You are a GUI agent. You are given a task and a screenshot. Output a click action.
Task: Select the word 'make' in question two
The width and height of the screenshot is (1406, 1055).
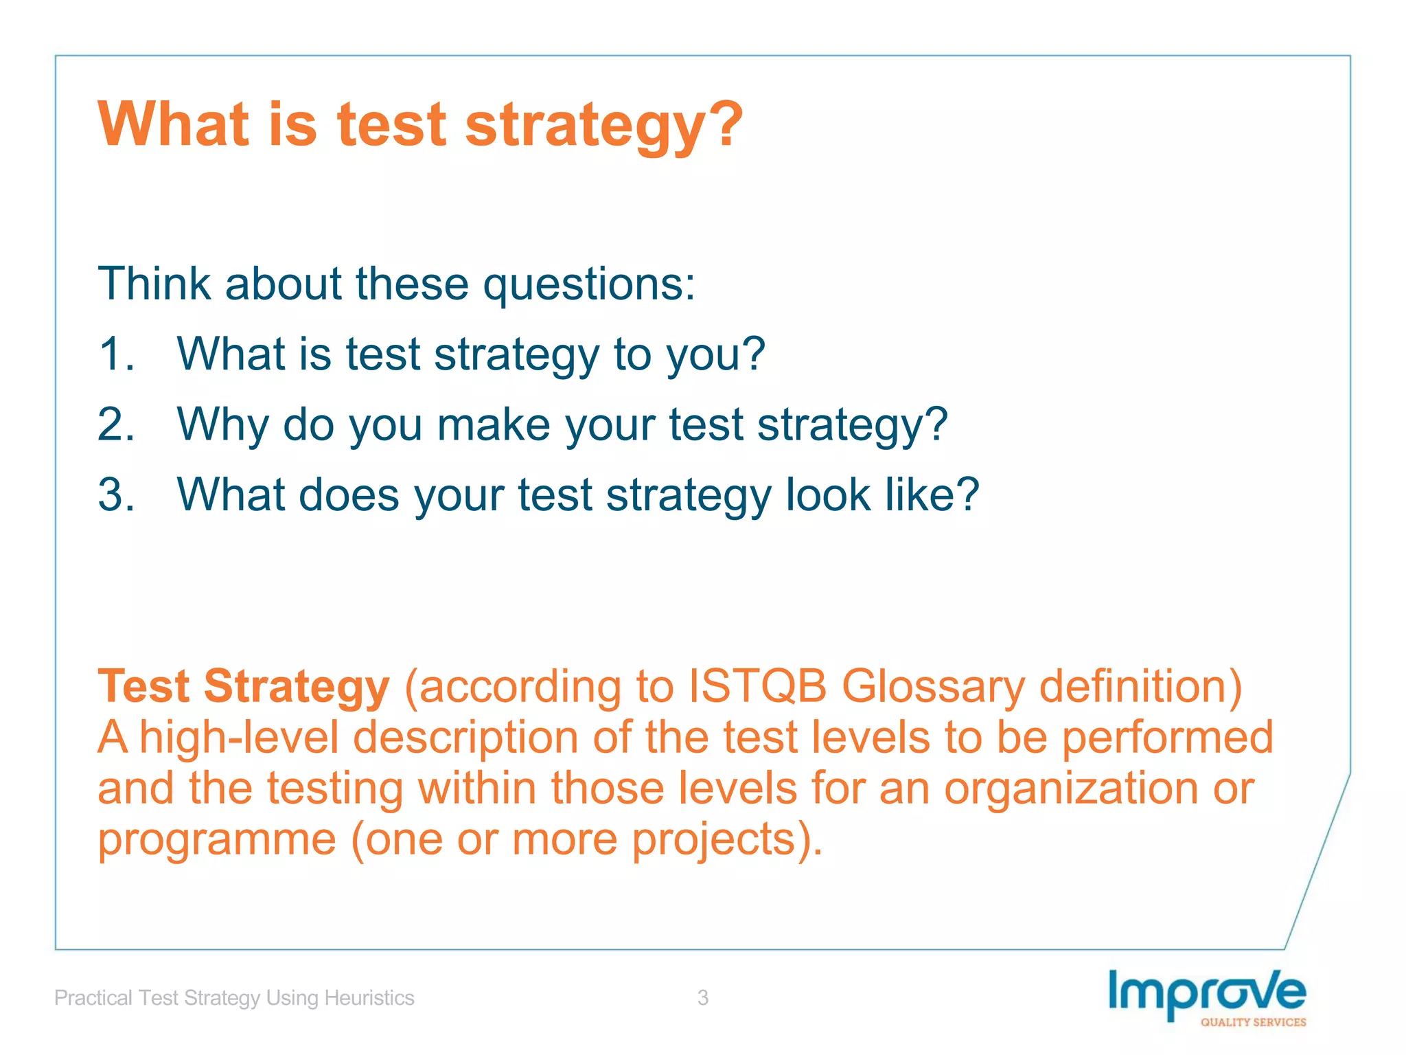pos(494,424)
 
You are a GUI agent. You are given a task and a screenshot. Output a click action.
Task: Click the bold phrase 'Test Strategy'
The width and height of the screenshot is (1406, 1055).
pos(244,687)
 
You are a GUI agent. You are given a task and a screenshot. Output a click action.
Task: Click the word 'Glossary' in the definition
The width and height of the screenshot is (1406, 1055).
pos(933,687)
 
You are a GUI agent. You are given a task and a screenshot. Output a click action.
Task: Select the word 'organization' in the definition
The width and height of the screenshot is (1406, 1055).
pos(1070,789)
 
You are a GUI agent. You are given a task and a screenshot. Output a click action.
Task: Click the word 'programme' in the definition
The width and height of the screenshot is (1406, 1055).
pos(217,840)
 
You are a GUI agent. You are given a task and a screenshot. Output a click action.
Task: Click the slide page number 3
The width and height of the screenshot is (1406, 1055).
pos(702,997)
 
